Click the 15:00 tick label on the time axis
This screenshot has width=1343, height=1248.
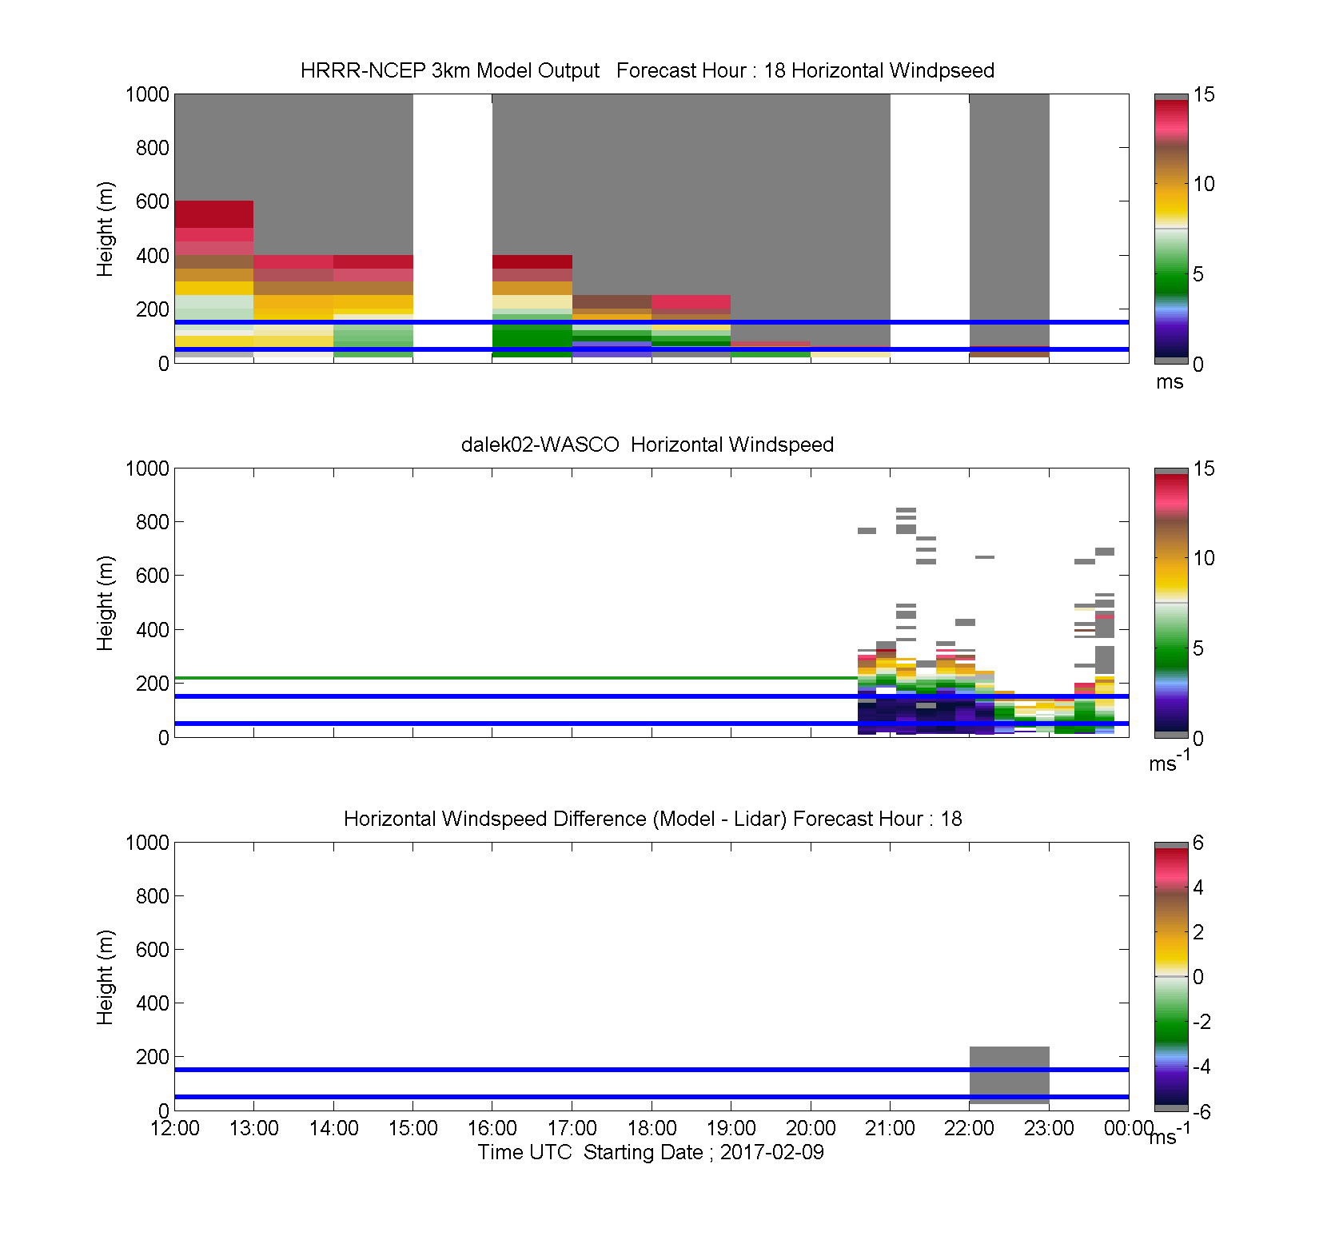[412, 1128]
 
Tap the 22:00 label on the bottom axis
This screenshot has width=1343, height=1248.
[969, 1128]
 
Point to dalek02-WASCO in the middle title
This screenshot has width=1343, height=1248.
[540, 445]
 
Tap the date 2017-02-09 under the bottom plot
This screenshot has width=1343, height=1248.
[771, 1152]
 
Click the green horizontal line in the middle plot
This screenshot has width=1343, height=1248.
[516, 678]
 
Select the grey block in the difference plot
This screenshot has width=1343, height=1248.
[1009, 1075]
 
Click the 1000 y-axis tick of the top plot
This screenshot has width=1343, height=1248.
[147, 94]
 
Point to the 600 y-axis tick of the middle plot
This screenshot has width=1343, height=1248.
[152, 576]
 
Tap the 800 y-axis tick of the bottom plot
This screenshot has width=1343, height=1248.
[152, 896]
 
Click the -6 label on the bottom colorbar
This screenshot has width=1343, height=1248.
[1202, 1111]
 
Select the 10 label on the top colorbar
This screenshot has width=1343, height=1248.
[1204, 184]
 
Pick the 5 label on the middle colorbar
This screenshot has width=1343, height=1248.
[1198, 648]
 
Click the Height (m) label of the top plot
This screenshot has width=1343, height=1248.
[106, 229]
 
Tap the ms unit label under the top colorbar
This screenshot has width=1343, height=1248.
[1170, 382]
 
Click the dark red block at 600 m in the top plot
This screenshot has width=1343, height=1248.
[214, 214]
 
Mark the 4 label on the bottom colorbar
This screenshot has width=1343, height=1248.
[1198, 887]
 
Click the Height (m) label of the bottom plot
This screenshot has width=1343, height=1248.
[106, 977]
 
